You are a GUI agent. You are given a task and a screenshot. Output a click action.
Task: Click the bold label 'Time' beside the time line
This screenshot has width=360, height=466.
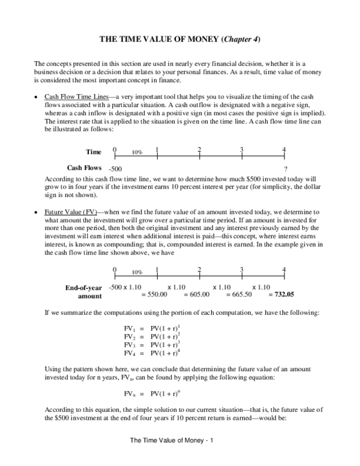(x=93, y=152)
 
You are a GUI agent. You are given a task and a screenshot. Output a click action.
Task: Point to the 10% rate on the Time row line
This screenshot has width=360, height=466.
(x=137, y=153)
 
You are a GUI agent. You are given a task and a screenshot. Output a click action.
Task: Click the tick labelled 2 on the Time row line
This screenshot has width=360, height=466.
(x=199, y=150)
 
